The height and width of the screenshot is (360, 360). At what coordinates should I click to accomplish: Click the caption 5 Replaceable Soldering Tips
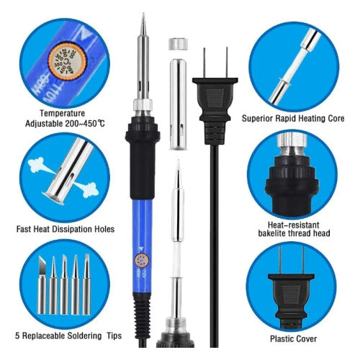[67, 336]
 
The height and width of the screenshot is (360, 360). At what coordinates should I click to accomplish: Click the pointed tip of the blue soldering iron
[142, 18]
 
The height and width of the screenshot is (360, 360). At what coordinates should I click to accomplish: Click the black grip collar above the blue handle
[142, 144]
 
